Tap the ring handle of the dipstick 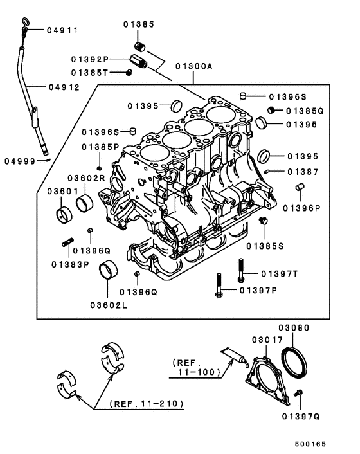24,24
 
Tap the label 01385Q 305,111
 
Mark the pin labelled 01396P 299,187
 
